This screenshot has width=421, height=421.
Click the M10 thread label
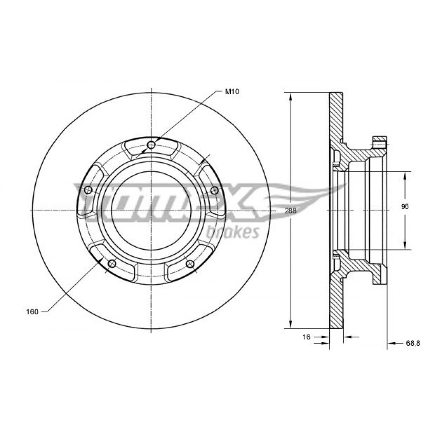232,92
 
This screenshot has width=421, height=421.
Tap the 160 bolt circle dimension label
32,312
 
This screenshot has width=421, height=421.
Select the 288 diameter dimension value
290,211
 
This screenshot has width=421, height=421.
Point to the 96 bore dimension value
405,207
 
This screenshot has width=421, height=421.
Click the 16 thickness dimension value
306,337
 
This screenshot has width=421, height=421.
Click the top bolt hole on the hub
152,145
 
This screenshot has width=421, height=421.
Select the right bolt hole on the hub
214,191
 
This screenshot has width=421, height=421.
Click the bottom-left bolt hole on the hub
112,264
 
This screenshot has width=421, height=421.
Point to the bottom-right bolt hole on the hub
190,264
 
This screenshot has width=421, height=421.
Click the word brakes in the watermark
233,232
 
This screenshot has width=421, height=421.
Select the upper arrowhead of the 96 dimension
405,176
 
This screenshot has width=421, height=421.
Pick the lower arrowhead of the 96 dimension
405,245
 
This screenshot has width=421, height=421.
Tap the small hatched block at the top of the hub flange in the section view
379,139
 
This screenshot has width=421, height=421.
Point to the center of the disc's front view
152,210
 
